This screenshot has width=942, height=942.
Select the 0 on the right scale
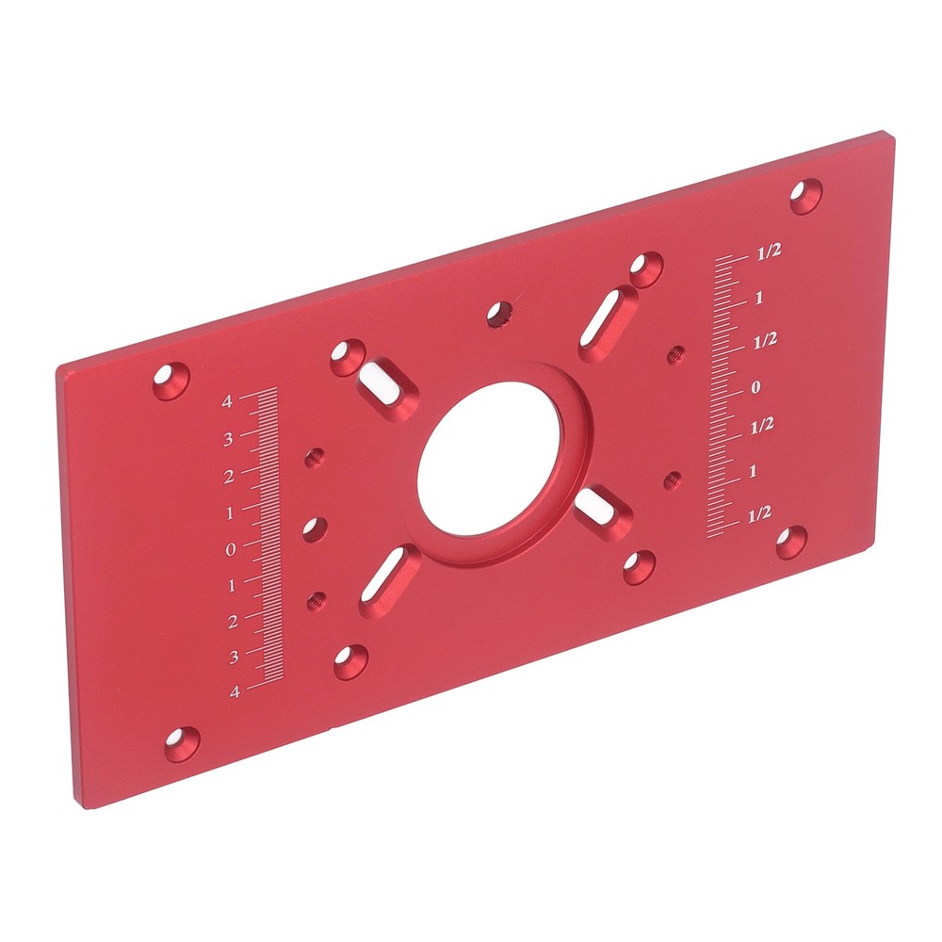755,387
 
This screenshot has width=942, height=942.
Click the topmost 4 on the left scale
227,402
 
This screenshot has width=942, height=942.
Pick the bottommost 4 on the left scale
235,691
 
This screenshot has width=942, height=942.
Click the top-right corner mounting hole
805,195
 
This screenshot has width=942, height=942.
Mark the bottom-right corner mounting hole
791,541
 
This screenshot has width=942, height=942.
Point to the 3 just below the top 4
228,439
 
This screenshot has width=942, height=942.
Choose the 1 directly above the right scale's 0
758,300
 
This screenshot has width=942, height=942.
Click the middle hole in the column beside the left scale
314,528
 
